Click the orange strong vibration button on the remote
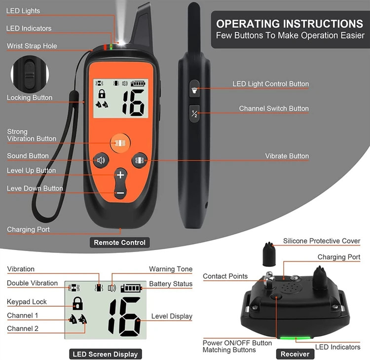click(x=120, y=143)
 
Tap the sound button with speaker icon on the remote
click(x=101, y=160)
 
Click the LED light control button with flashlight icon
click(x=194, y=89)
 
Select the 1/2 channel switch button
click(x=194, y=113)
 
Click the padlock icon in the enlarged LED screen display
click(x=77, y=303)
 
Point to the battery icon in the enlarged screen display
click(x=131, y=288)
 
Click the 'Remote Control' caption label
click(x=120, y=243)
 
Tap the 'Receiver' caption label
click(x=295, y=354)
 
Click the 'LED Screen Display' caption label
click(x=105, y=354)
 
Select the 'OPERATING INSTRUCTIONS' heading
click(x=290, y=24)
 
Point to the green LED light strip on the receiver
click(x=295, y=338)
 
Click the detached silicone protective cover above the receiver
click(x=269, y=254)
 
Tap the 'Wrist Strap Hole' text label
click(x=32, y=46)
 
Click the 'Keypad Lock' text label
click(x=27, y=302)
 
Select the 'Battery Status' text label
click(x=171, y=284)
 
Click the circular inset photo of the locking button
click(x=30, y=74)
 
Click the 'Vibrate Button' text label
click(x=287, y=156)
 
